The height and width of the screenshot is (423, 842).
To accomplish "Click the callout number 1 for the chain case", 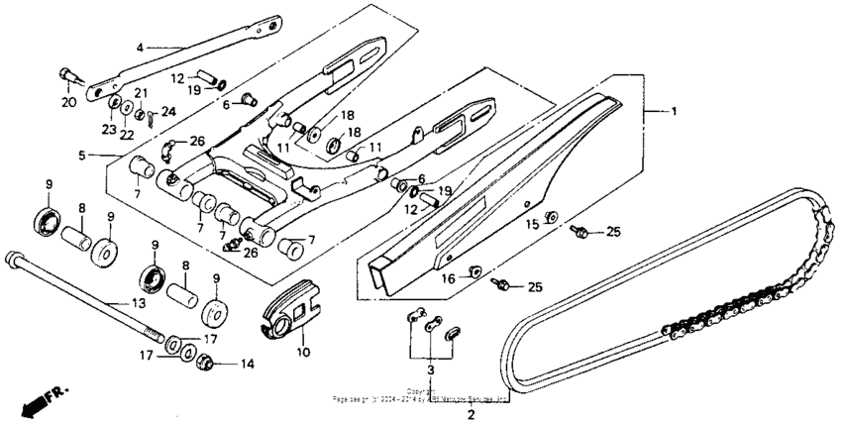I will [x=676, y=112].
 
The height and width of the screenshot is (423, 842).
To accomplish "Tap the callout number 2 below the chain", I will [x=472, y=413].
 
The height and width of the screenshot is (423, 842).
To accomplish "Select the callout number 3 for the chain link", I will [x=430, y=370].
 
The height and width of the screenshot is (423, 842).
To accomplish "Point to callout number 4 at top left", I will [x=140, y=47].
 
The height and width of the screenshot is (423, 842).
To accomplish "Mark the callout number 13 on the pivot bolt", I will [x=138, y=302].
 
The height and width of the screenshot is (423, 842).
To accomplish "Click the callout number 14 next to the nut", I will [x=247, y=364].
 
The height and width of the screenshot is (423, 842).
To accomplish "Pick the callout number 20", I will [x=67, y=102].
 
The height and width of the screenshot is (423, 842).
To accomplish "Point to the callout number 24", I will [x=168, y=111].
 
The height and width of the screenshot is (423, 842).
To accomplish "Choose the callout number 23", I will [x=108, y=128].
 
